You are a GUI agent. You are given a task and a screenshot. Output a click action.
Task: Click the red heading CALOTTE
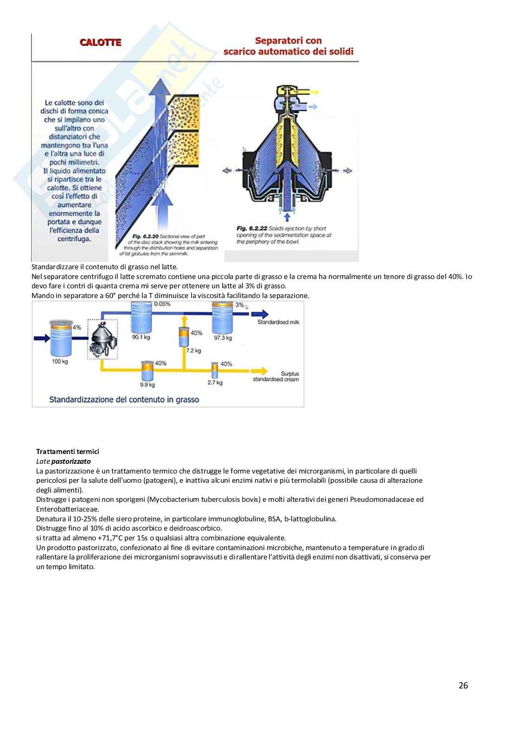click(x=100, y=43)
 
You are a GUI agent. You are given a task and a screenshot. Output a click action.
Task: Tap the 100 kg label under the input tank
click(x=60, y=362)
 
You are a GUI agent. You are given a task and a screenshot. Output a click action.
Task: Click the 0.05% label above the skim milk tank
click(x=162, y=304)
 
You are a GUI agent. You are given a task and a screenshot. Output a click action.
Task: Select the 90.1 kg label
click(x=141, y=337)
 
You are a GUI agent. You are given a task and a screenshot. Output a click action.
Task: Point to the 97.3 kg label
click(x=223, y=337)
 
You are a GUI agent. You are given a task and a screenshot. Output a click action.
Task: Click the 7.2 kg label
click(x=193, y=350)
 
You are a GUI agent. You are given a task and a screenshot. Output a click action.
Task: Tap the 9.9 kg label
click(x=147, y=385)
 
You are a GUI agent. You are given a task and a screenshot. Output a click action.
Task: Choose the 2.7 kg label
click(x=215, y=383)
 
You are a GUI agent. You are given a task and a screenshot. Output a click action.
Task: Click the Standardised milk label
click(x=278, y=322)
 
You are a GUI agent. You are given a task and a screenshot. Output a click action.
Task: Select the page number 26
click(x=463, y=685)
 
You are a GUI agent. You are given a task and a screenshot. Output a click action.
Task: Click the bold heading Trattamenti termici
click(x=68, y=451)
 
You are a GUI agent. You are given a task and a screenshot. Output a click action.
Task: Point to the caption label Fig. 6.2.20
click(x=145, y=237)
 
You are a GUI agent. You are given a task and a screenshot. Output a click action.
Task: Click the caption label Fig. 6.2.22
click(x=251, y=228)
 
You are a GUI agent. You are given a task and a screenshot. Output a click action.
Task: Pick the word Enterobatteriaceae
click(x=67, y=509)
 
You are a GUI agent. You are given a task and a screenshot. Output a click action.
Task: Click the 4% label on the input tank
click(x=77, y=327)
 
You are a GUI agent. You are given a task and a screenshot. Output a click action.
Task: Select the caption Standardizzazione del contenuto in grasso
click(x=124, y=399)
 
